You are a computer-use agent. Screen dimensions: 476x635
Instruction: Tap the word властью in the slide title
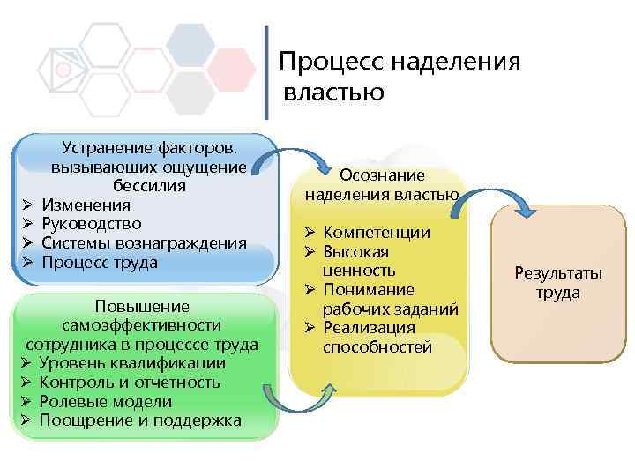(334, 92)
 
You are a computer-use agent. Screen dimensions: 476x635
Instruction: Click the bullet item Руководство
(91, 224)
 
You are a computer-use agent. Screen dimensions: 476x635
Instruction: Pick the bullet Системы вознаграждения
(144, 243)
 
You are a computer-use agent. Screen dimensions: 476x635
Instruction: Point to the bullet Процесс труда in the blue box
(100, 263)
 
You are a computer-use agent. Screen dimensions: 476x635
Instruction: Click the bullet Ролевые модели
(107, 401)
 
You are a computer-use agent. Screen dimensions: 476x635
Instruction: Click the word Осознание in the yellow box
(382, 175)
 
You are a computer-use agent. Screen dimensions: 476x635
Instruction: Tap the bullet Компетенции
(377, 233)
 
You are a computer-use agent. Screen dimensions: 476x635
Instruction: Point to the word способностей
(377, 347)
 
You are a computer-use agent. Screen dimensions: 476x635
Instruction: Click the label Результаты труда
(558, 282)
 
